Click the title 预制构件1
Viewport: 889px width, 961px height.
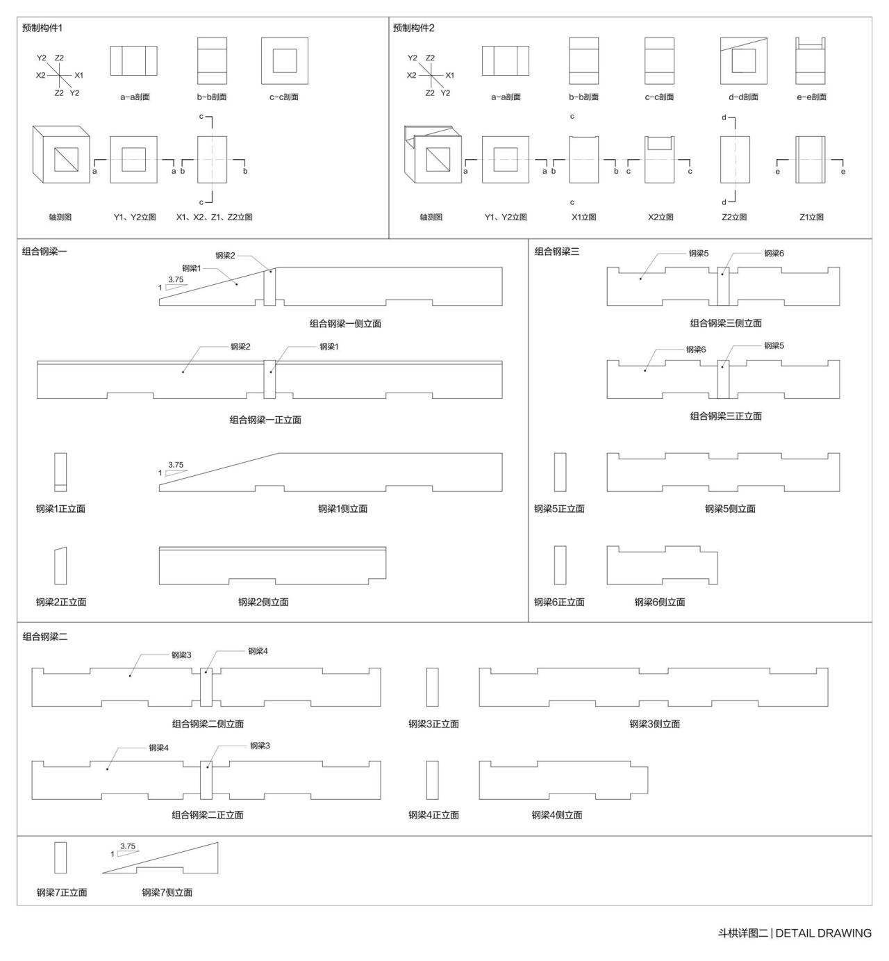point(42,28)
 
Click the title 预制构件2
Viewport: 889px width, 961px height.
point(413,28)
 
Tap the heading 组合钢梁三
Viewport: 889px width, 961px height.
point(556,252)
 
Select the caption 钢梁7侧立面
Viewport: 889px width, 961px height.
point(167,892)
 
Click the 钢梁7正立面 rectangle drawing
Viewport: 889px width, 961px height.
point(60,857)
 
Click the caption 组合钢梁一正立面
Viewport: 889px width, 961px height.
point(265,420)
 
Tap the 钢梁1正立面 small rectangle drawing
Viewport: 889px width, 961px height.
point(60,473)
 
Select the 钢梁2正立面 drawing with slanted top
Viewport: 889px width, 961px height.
point(60,566)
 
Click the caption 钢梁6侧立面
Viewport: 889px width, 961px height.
point(659,602)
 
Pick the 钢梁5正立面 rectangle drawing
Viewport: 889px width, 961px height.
point(560,473)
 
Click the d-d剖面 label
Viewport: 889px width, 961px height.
point(743,97)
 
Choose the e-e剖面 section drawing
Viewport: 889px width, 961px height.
point(811,60)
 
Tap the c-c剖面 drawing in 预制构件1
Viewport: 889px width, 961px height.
point(285,60)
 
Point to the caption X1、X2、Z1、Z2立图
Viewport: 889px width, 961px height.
point(214,217)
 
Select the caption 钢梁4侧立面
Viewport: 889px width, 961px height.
point(557,814)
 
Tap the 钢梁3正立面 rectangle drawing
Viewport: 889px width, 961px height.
point(432,687)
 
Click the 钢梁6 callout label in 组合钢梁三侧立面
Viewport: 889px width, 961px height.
point(774,253)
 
